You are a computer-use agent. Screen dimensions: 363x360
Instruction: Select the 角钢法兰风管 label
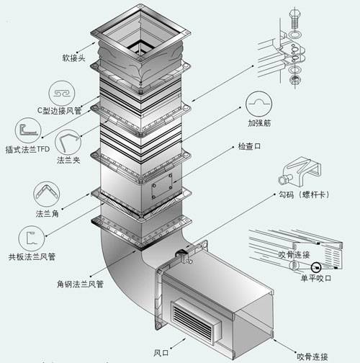(x=82, y=283)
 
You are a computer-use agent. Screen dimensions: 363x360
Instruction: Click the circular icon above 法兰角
(x=45, y=194)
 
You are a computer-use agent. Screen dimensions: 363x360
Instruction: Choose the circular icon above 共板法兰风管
(x=29, y=236)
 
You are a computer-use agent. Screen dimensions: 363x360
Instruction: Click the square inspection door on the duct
(x=162, y=187)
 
